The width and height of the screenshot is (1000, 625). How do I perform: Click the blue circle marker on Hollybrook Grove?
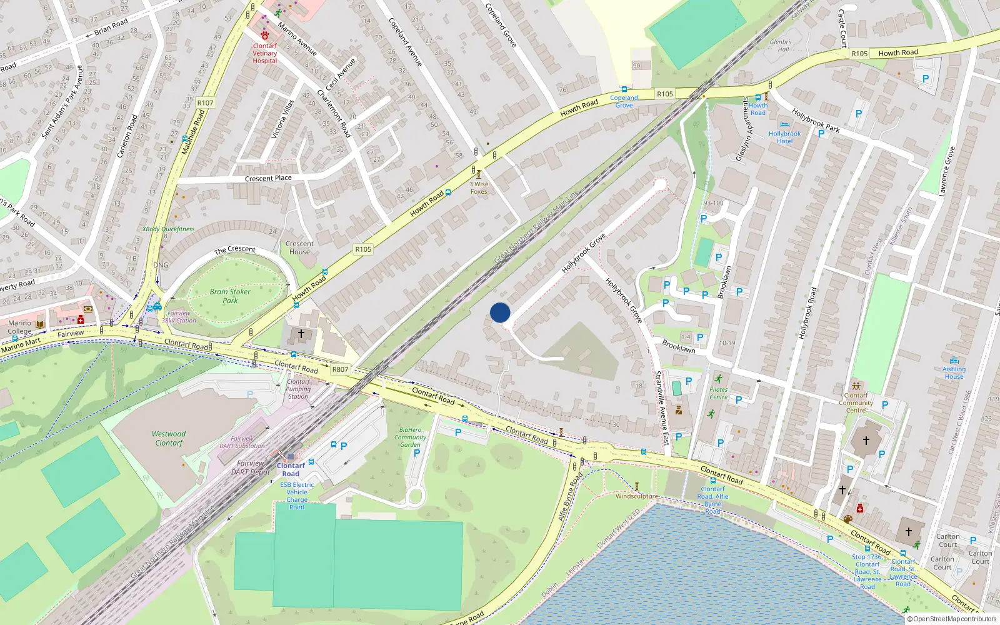pos(500,312)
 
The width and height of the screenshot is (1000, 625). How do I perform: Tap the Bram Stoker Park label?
pos(230,296)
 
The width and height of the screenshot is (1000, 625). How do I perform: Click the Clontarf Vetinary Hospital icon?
pos(265,36)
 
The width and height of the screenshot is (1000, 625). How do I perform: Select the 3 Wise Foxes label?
pos(479,188)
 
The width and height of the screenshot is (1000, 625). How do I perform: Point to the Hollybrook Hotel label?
pos(784,137)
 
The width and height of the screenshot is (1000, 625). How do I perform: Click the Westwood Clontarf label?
pos(169,438)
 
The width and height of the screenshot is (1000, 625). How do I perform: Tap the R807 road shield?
pos(340,369)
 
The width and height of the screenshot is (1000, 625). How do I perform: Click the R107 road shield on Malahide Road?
pos(205,103)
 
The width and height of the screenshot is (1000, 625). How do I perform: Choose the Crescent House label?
pos(299,248)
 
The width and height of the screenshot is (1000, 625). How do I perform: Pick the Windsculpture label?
pos(636,496)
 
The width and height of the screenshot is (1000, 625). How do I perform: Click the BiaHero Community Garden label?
pos(410,437)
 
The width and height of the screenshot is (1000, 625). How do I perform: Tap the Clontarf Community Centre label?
pos(856,402)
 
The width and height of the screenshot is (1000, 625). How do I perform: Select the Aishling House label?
pos(954,373)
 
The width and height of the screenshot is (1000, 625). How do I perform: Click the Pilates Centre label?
pos(718,393)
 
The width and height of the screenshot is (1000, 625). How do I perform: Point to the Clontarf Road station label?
pos(291,469)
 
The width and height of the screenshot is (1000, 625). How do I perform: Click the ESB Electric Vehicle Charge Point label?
pos(297,496)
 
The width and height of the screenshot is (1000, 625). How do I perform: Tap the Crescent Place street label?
pos(268,178)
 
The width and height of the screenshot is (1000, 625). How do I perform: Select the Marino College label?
pos(19,327)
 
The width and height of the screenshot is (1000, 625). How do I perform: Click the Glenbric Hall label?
pos(781,46)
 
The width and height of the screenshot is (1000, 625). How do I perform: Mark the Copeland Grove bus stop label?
pos(624,101)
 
